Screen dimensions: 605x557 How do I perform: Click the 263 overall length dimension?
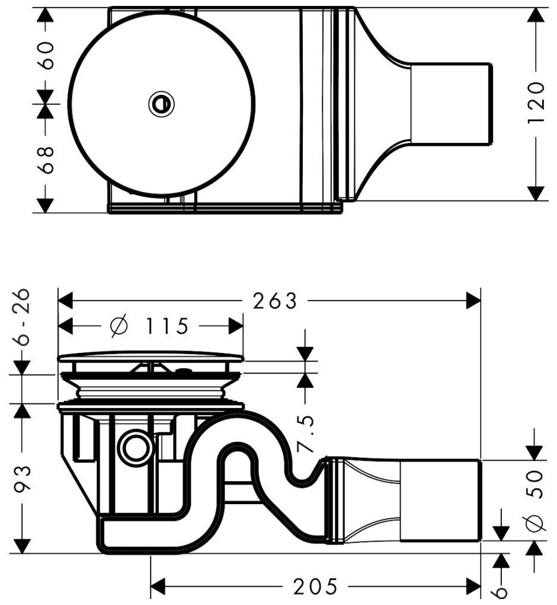coord(274,301)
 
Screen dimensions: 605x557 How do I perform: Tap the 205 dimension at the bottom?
coord(315,587)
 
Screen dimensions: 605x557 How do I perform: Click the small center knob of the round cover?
coord(161,104)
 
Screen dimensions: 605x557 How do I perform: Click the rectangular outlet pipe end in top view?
coord(450,104)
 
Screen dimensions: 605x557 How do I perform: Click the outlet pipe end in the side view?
coord(441,499)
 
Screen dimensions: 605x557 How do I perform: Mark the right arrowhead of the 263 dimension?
coord(473,301)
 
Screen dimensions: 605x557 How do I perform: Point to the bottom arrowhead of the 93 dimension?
coord(23,544)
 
